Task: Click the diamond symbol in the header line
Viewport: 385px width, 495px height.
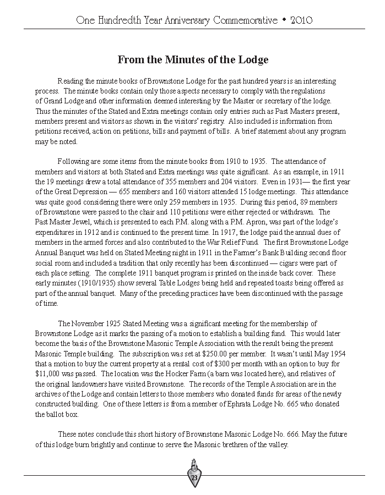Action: pos(283,21)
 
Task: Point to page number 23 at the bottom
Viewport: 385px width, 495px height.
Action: pos(194,478)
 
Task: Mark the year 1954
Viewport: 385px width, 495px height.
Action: pos(330,354)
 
